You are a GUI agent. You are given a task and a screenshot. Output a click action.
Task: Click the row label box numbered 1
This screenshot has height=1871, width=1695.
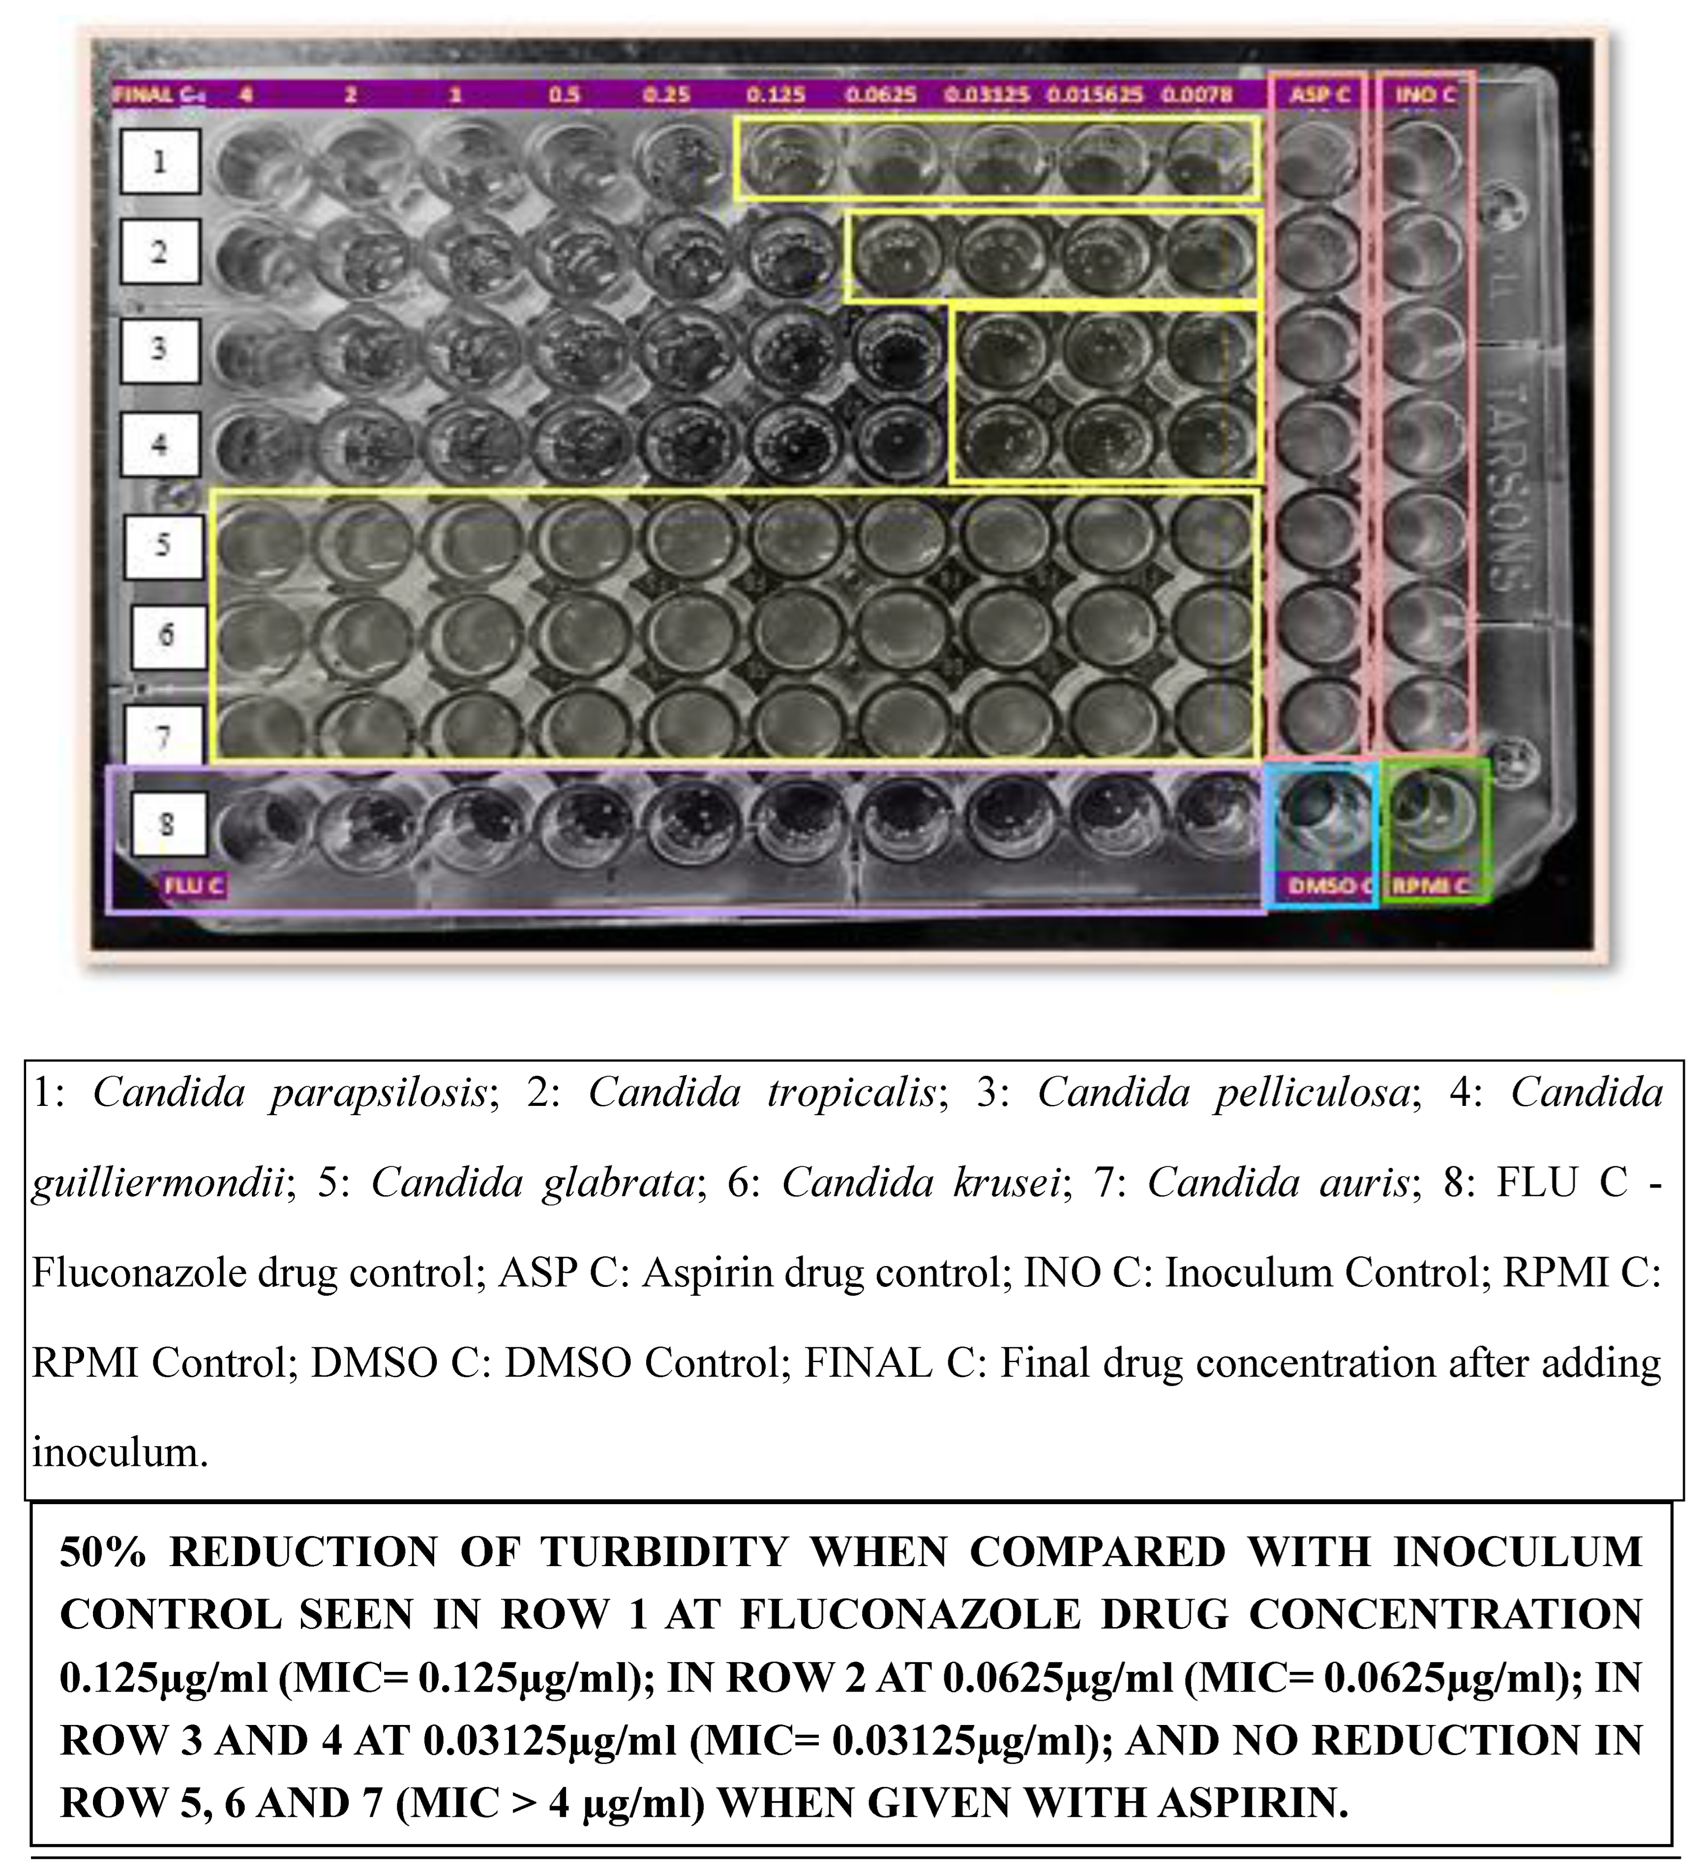160,161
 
